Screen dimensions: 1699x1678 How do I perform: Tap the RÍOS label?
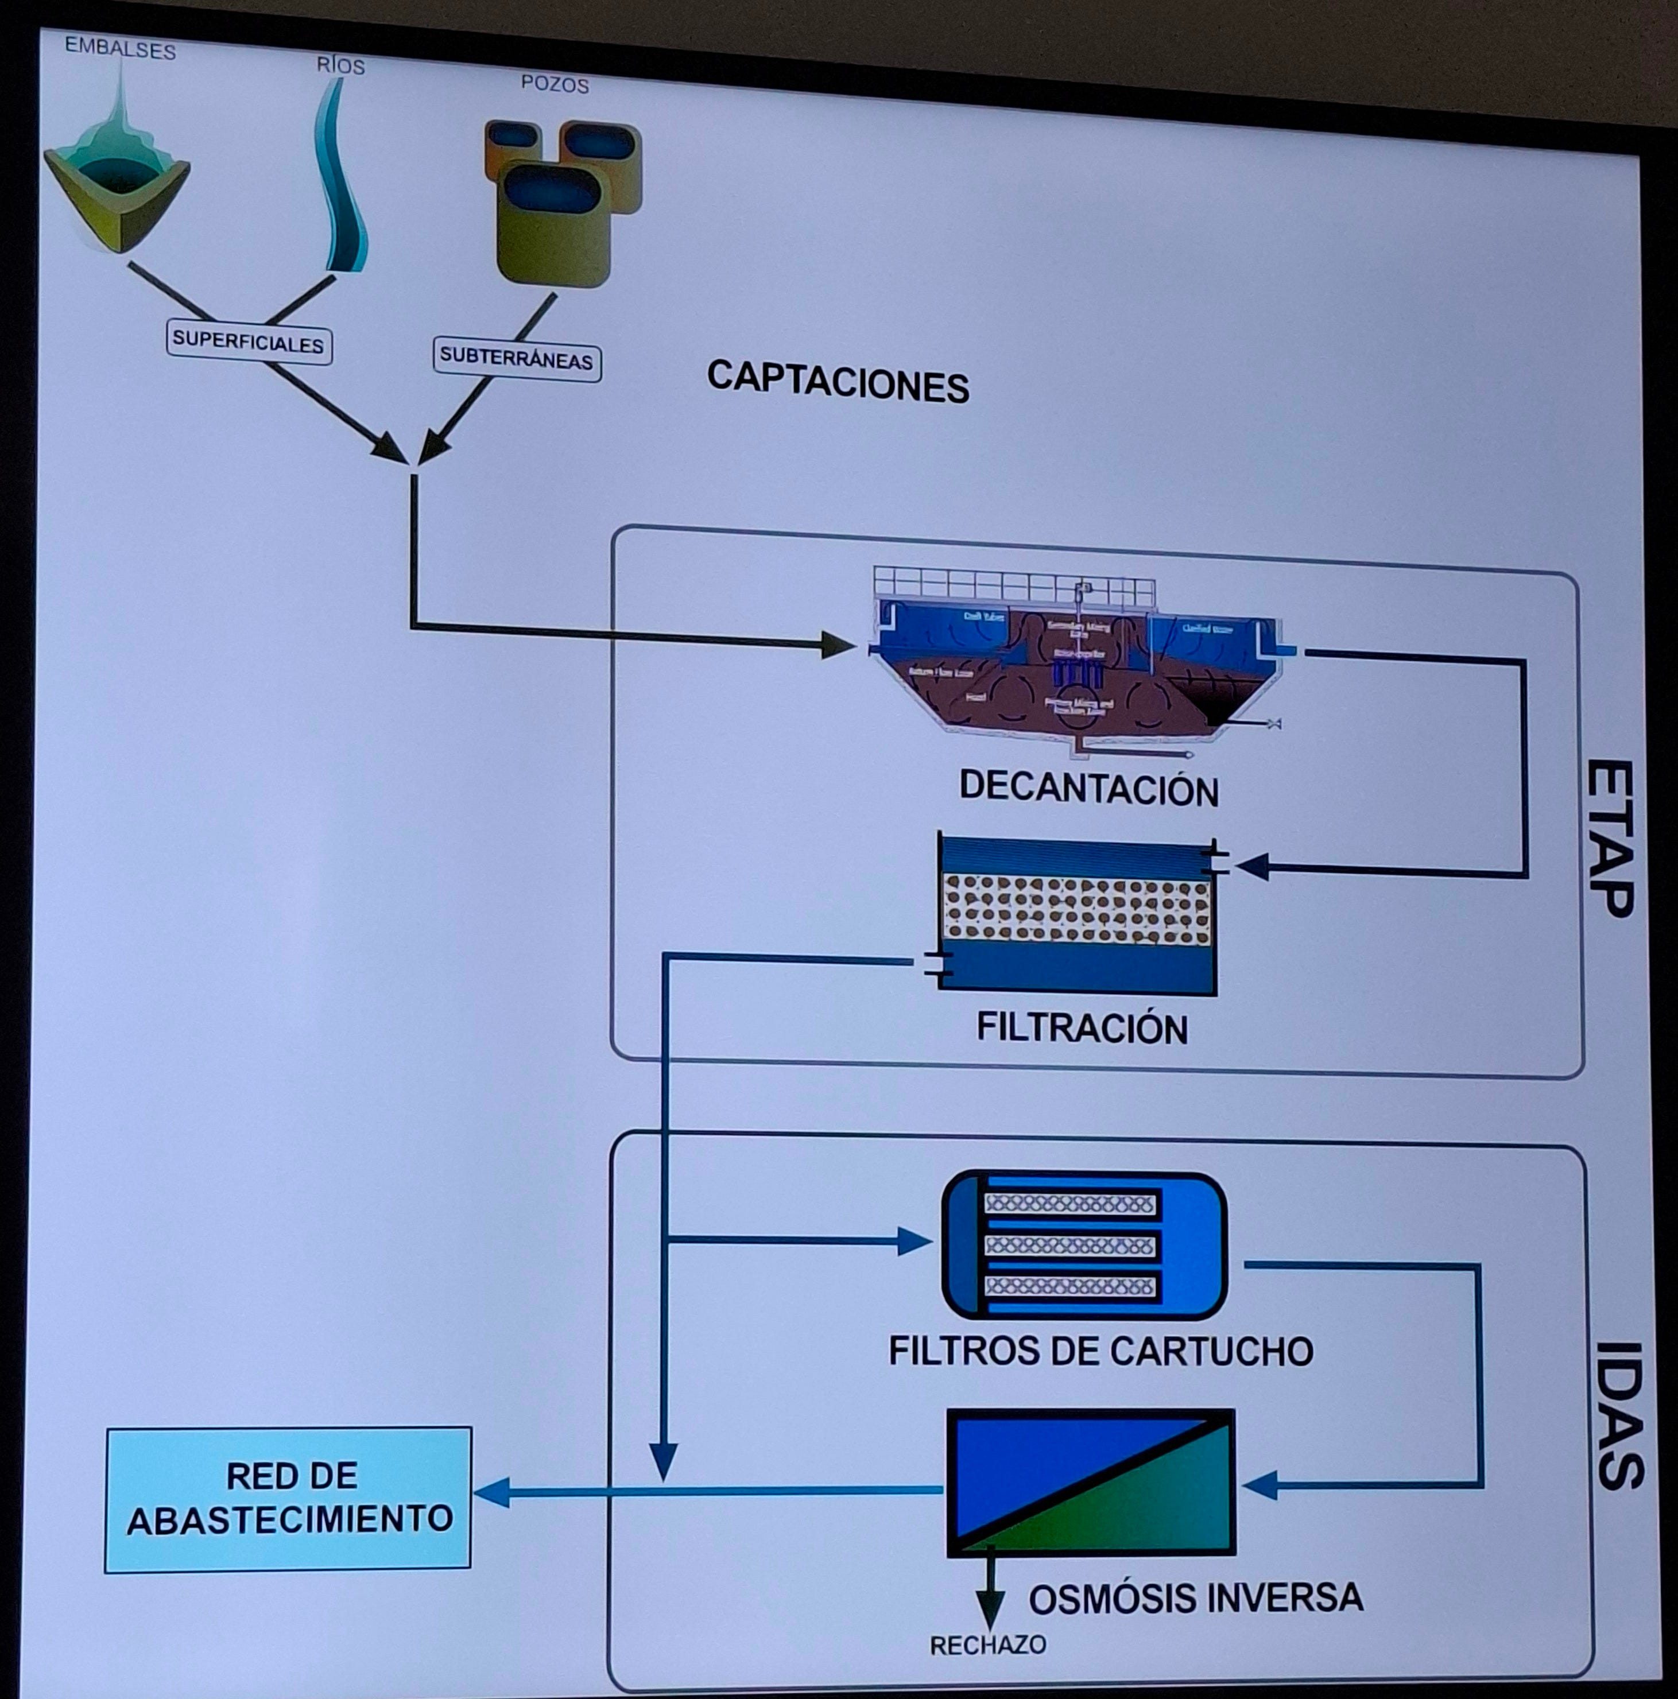click(x=340, y=66)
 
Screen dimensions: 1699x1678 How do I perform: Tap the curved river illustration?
click(x=341, y=185)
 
